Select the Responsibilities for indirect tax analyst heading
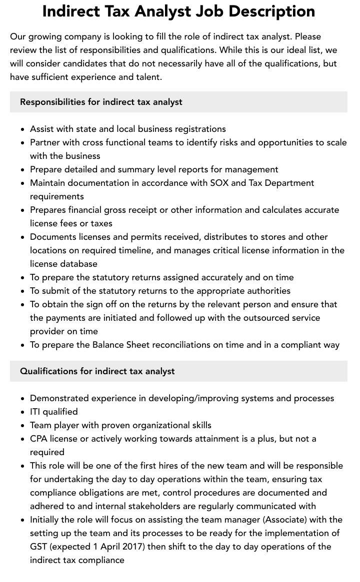click(x=101, y=102)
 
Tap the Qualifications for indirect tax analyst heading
click(x=97, y=371)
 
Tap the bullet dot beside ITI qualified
click(x=22, y=412)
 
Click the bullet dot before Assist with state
click(x=22, y=129)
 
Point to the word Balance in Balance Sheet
click(x=108, y=345)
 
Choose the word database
click(x=78, y=264)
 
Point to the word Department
click(x=289, y=183)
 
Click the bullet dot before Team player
click(x=22, y=426)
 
